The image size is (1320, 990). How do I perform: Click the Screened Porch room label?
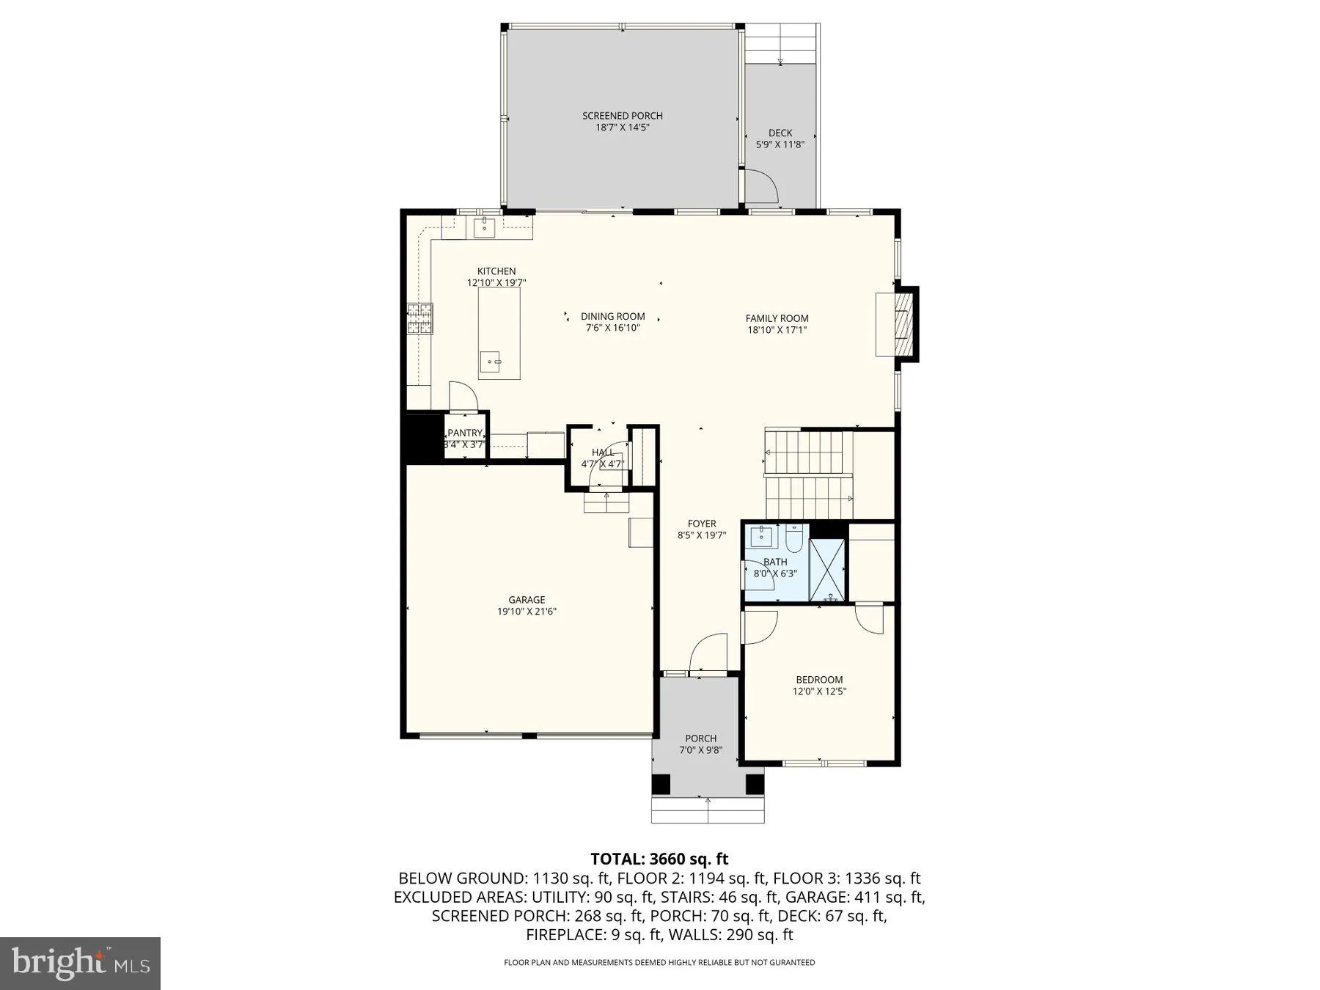coord(622,116)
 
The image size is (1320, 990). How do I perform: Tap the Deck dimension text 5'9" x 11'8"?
coord(780,144)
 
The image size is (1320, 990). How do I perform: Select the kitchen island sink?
coord(491,360)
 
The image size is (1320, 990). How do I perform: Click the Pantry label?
coord(465,433)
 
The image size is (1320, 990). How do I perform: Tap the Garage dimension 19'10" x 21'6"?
coord(527,612)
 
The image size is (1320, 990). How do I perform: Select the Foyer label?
coord(702,524)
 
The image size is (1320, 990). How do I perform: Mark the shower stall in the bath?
coord(827,570)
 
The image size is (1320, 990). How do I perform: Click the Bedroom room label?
coord(819,680)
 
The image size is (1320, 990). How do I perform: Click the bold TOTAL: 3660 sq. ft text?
coord(659,859)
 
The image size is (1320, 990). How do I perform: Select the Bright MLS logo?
coord(80,964)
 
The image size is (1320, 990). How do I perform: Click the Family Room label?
coord(777,318)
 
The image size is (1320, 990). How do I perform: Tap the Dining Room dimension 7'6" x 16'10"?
coord(612,329)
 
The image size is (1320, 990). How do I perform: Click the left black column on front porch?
coord(661,784)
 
